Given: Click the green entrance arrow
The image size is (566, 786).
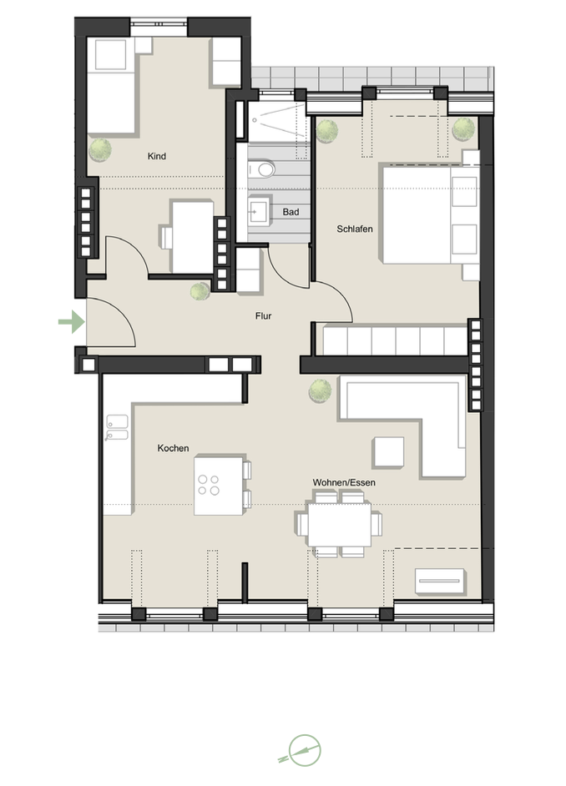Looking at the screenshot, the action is (72, 322).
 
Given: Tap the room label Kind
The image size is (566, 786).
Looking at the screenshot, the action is (156, 156).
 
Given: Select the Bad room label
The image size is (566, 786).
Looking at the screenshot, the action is (291, 212).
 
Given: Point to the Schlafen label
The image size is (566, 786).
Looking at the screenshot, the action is (355, 229).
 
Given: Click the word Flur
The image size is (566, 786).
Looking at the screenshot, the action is (263, 315).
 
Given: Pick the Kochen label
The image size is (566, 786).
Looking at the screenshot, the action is (173, 448).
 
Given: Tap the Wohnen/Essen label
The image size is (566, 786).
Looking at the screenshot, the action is (344, 483).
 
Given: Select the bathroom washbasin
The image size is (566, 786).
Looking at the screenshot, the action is (259, 212).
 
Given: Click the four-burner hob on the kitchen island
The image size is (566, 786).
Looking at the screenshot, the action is (209, 485).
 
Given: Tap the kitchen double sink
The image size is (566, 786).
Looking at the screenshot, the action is (116, 428).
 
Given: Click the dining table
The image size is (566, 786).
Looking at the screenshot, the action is (340, 525).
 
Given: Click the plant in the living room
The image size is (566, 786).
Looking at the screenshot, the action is (320, 390).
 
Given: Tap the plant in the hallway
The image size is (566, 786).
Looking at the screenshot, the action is (200, 292).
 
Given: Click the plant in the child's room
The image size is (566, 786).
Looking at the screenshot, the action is (100, 149).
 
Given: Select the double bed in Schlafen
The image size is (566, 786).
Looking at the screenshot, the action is (430, 215).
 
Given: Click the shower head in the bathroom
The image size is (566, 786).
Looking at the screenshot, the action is (255, 121).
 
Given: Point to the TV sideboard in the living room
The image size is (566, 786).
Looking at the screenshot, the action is (440, 581).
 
